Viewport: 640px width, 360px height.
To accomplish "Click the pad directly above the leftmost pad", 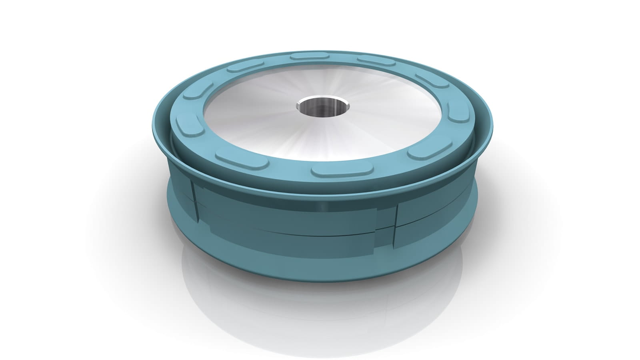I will click(199, 91).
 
